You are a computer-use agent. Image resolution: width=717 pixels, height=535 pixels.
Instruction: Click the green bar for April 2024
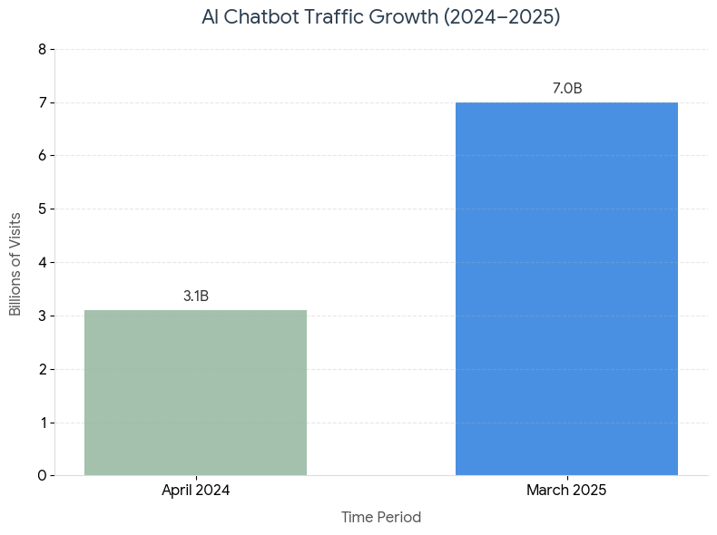point(195,393)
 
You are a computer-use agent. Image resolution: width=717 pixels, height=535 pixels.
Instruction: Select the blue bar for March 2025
point(566,288)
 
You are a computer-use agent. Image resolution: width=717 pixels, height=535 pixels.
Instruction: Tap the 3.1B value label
point(196,297)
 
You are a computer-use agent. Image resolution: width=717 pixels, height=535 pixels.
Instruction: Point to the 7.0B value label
point(567,89)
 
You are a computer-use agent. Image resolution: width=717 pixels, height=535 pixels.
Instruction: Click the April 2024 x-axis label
point(196,491)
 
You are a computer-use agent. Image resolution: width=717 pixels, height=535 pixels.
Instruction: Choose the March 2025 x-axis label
point(566,491)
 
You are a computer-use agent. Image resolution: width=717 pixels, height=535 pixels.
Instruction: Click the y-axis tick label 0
point(42,476)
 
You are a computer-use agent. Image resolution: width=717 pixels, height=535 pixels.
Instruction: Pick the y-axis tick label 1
point(42,423)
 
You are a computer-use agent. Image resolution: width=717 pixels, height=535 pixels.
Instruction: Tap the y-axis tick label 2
point(42,369)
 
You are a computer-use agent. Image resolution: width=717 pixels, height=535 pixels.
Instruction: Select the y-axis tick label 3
point(42,316)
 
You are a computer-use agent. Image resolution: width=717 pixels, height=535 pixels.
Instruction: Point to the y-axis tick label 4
point(42,263)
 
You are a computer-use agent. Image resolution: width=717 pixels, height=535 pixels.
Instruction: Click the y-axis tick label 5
point(42,209)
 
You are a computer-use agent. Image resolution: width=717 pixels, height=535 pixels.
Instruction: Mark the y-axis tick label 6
point(42,156)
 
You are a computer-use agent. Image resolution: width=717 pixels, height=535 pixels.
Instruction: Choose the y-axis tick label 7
point(42,103)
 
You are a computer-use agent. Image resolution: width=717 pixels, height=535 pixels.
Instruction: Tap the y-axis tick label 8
point(42,50)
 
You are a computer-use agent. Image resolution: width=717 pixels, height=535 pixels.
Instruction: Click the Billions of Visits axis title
point(15,263)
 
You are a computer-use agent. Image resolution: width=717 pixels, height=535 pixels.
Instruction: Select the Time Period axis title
point(381,518)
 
